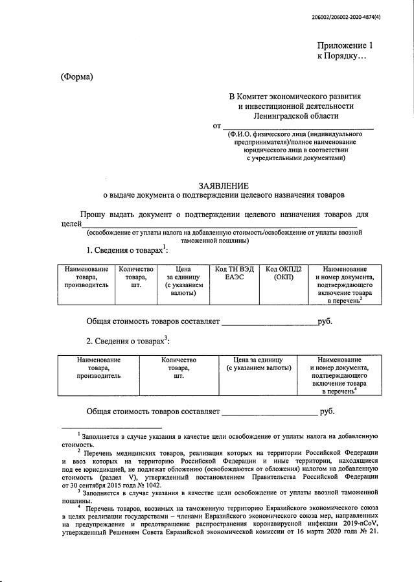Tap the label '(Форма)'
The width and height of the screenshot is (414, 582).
(77, 77)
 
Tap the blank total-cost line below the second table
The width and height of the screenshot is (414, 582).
(270, 412)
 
